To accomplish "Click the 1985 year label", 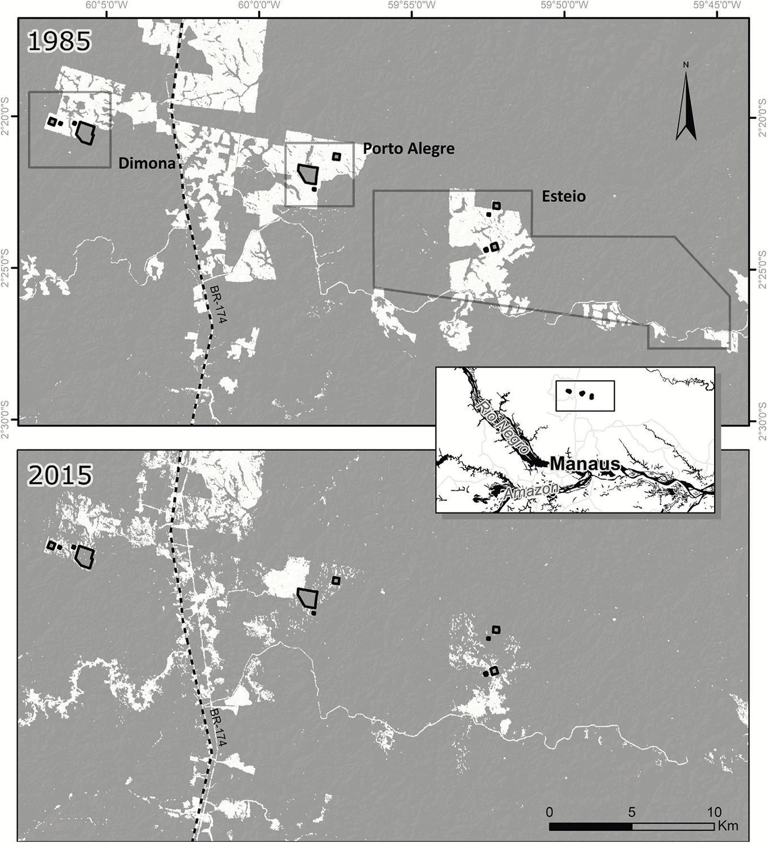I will click(59, 42).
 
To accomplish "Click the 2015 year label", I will click(59, 475).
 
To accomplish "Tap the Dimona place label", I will click(147, 163).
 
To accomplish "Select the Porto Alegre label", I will click(409, 148).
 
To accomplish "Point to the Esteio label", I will click(564, 196).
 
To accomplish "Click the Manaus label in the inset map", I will click(584, 464).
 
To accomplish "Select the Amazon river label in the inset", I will click(531, 490).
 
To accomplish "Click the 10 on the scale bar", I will click(714, 812).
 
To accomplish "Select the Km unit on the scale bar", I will click(728, 826).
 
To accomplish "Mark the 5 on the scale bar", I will click(632, 812).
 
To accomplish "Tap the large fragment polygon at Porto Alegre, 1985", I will click(308, 173).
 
